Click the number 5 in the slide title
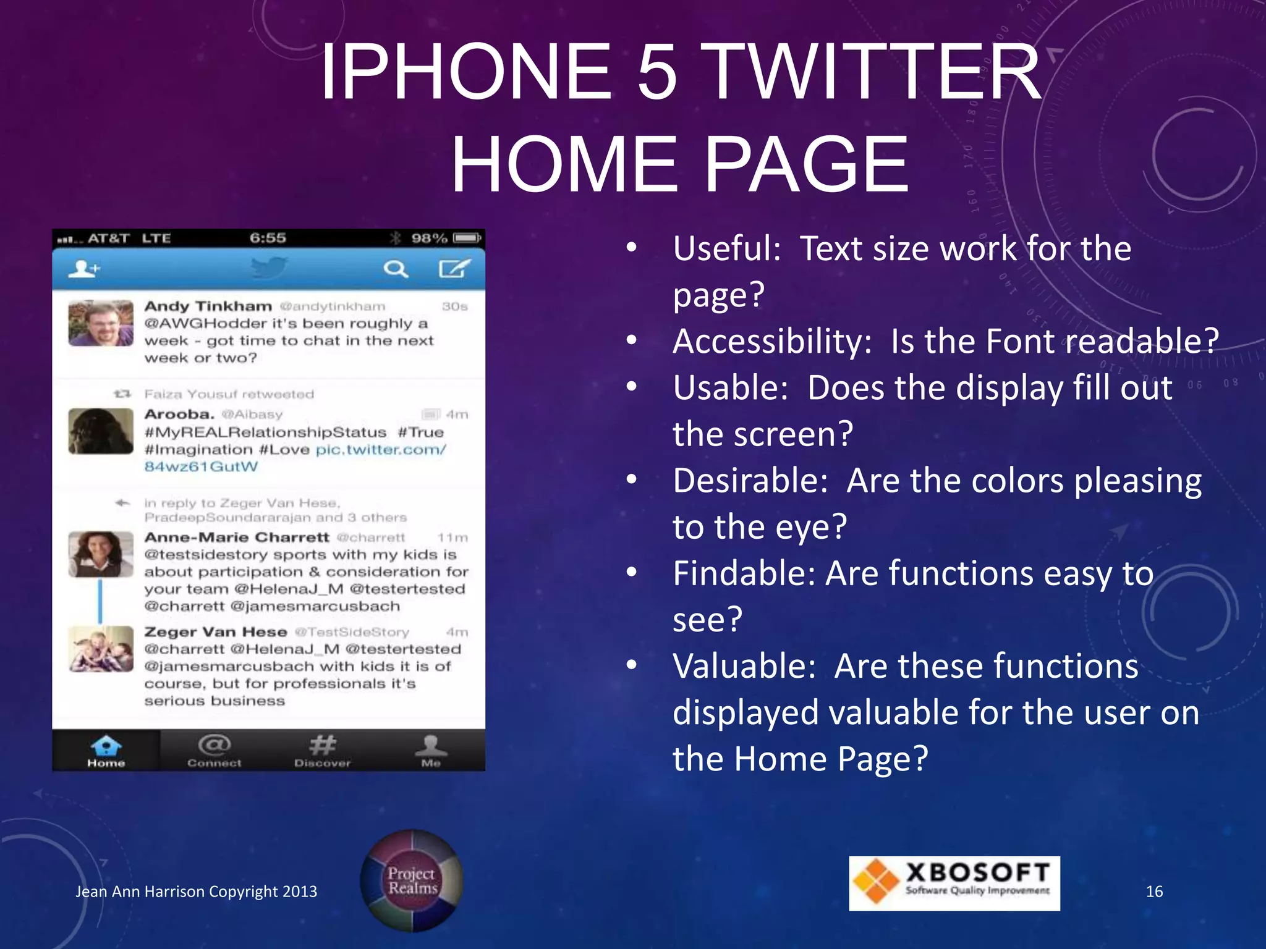tap(657, 72)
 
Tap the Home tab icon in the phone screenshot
tap(106, 746)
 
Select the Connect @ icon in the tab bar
tap(214, 745)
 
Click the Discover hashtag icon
tap(323, 745)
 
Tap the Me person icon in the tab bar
tap(431, 746)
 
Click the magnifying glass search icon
tap(395, 269)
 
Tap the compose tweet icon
tap(454, 269)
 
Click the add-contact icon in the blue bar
tap(83, 269)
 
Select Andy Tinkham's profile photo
tap(101, 323)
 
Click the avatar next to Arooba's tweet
tap(101, 431)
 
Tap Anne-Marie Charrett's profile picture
tap(101, 554)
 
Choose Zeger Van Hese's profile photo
tap(101, 649)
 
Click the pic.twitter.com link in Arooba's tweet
tap(380, 450)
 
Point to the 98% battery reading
tap(429, 238)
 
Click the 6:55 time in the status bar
tap(268, 238)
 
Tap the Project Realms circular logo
tap(412, 880)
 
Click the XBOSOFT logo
tap(954, 883)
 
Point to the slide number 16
tap(1154, 892)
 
